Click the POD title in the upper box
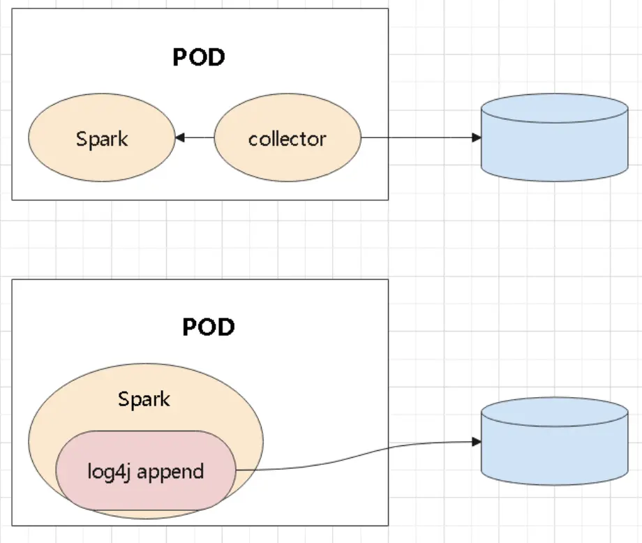pyautogui.click(x=199, y=57)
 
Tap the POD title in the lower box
pyautogui.click(x=209, y=327)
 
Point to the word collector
pyautogui.click(x=288, y=138)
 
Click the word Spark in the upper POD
pyautogui.click(x=102, y=138)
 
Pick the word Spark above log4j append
pyautogui.click(x=144, y=400)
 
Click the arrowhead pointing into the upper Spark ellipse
pyautogui.click(x=179, y=138)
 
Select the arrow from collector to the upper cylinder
pyautogui.click(x=419, y=137)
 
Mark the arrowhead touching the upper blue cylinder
pyautogui.click(x=477, y=137)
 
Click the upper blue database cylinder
pyautogui.click(x=555, y=150)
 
